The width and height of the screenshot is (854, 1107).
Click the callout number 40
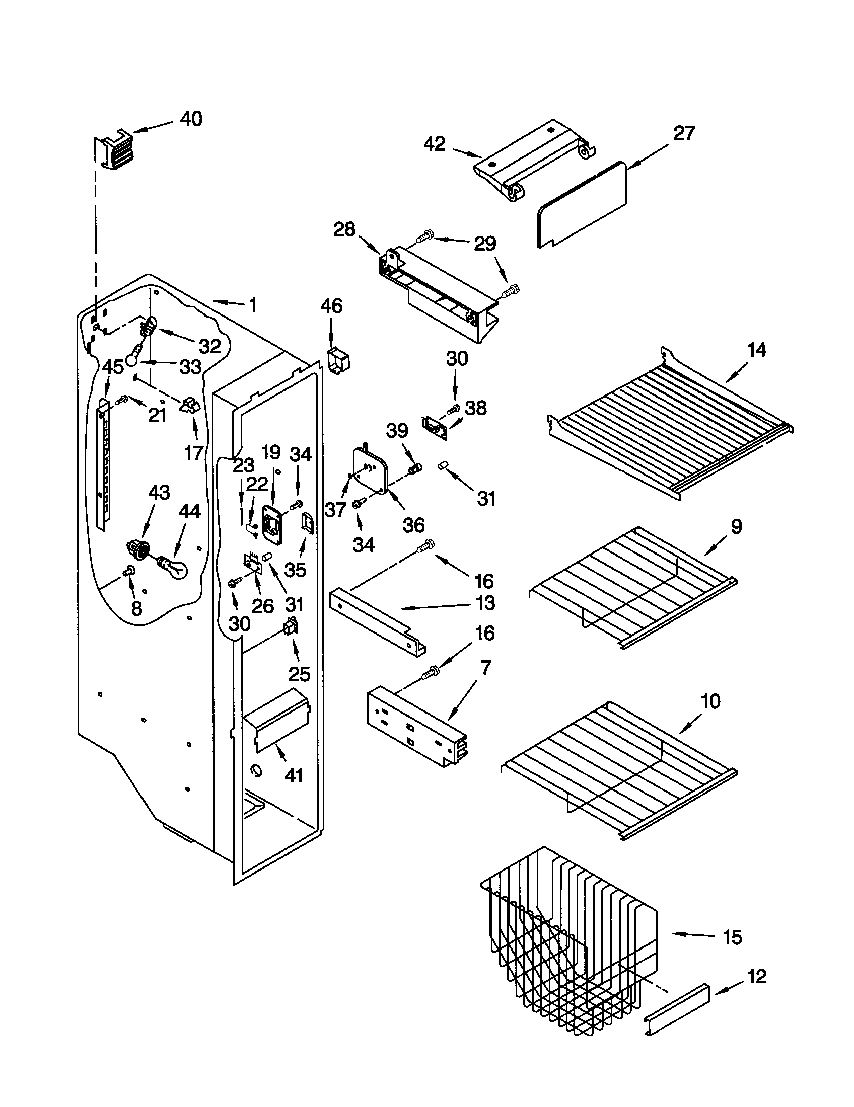point(191,119)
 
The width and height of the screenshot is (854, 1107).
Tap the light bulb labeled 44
point(174,567)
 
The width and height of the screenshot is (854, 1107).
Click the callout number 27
point(684,134)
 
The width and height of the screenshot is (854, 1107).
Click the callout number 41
point(294,775)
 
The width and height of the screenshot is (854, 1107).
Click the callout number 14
point(757,350)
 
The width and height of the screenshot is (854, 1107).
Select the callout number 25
point(299,674)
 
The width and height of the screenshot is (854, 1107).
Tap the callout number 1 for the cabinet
point(252,305)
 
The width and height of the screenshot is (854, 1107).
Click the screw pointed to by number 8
point(127,572)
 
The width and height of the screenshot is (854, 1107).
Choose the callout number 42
point(435,144)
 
